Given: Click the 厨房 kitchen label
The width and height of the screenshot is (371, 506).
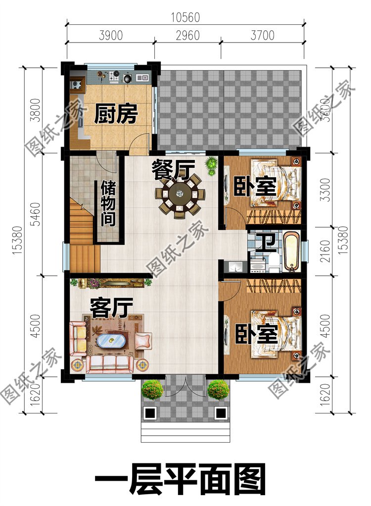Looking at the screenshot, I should point(115,114).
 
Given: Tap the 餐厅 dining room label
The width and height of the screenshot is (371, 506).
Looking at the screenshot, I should point(172,170).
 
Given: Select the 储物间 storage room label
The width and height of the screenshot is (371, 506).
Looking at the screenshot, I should point(109,203).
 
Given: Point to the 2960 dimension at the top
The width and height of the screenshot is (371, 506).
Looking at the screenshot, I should point(187,36).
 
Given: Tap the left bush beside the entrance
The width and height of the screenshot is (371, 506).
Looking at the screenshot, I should point(152,389).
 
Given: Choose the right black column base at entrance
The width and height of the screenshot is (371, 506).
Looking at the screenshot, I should point(221,412).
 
